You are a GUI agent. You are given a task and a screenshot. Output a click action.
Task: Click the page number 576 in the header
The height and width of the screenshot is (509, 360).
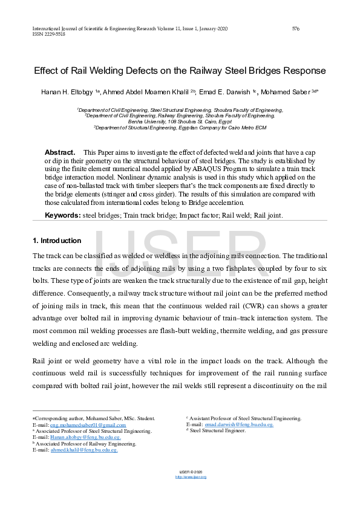[296, 28]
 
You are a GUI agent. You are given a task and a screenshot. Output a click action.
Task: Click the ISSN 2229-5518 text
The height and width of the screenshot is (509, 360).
[49, 34]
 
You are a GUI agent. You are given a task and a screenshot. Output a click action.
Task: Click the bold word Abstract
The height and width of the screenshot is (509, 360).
[60, 152]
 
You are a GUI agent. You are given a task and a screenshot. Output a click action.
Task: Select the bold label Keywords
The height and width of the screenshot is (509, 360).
[62, 215]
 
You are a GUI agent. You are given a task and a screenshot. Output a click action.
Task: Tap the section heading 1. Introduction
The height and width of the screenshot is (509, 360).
[57, 241]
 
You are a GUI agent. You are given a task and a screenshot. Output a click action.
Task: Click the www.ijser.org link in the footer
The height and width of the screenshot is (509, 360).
[191, 477]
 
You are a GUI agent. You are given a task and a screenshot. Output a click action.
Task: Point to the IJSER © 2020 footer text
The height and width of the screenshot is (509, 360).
[191, 472]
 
